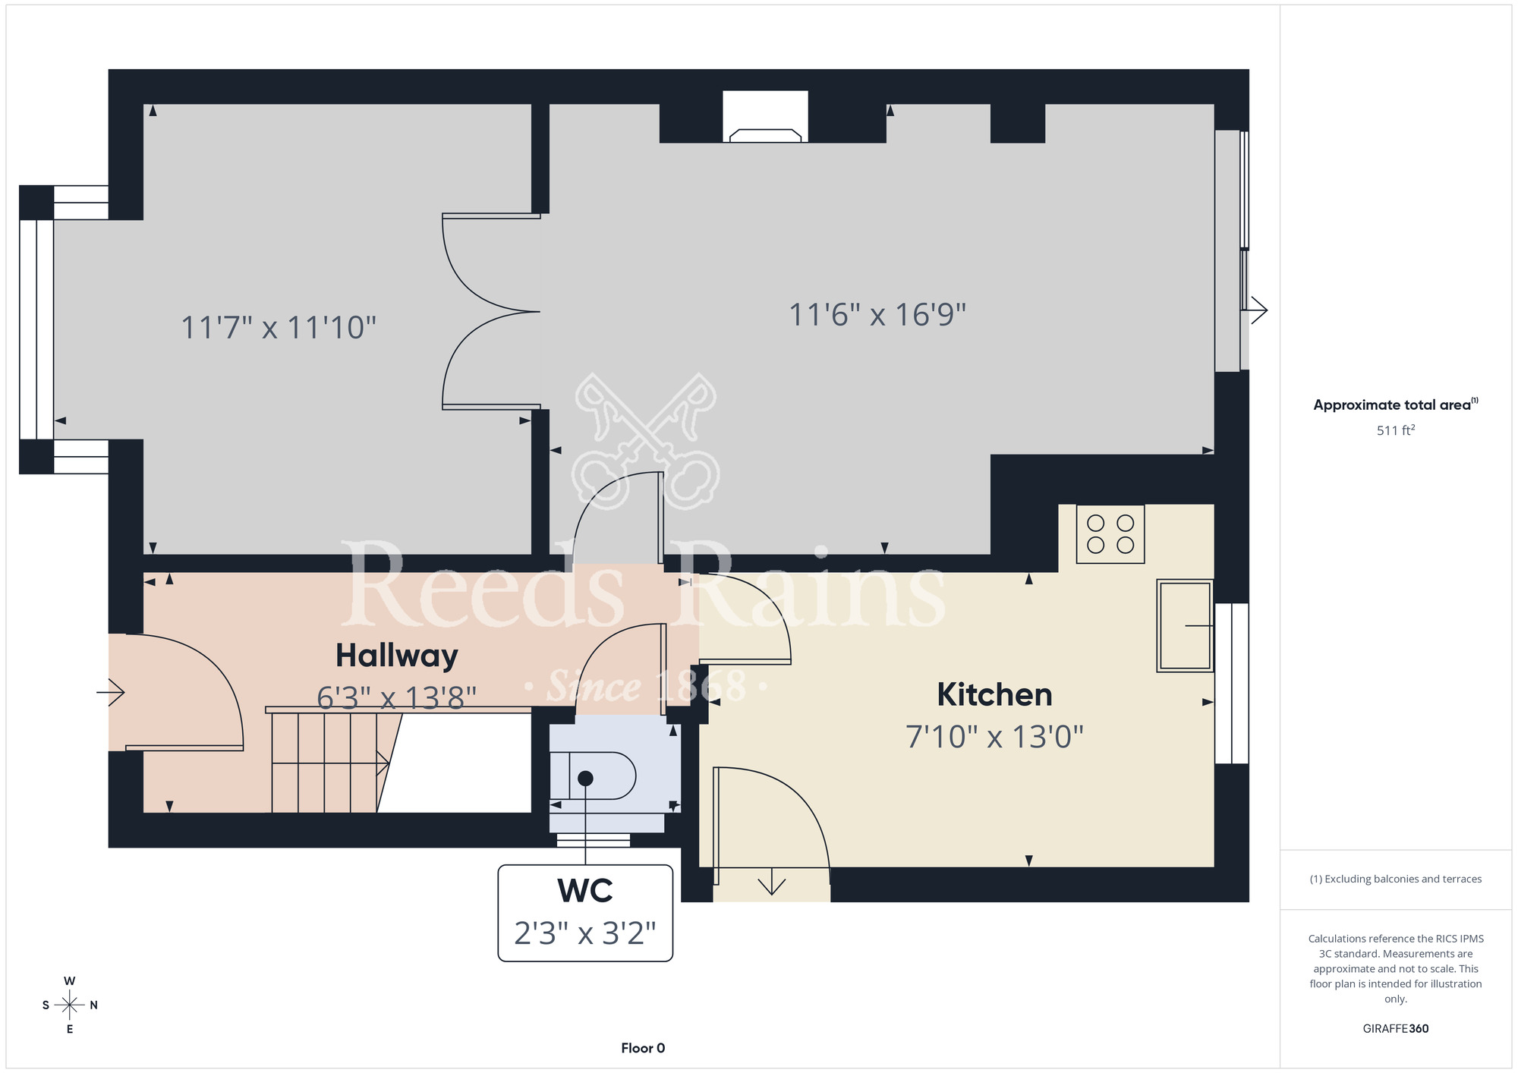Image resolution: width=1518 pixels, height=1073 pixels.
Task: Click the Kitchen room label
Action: pyautogui.click(x=994, y=694)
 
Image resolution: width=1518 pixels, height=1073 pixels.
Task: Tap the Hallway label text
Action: pyautogui.click(x=397, y=656)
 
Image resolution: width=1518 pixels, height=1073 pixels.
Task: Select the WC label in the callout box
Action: pyautogui.click(x=585, y=891)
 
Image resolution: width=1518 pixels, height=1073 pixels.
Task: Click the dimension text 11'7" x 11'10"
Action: pyautogui.click(x=279, y=328)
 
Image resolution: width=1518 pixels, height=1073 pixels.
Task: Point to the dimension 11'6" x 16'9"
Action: pyautogui.click(x=877, y=315)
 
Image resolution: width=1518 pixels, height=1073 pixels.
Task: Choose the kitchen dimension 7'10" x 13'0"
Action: pyautogui.click(x=994, y=737)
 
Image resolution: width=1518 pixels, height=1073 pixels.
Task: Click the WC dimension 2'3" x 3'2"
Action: pyautogui.click(x=585, y=933)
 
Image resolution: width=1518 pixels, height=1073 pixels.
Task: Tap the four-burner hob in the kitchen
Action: pyautogui.click(x=1110, y=534)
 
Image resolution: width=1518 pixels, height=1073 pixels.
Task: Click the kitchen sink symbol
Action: pyautogui.click(x=1185, y=626)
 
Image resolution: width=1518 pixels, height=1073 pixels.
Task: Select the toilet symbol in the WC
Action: pyautogui.click(x=593, y=776)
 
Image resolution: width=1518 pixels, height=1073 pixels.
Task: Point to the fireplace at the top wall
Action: pyautogui.click(x=765, y=117)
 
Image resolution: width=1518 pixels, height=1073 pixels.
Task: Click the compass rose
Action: pyautogui.click(x=70, y=1005)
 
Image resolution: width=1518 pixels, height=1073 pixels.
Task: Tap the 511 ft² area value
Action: pyautogui.click(x=1396, y=430)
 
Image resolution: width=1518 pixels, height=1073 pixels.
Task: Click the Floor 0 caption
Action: pyautogui.click(x=643, y=1048)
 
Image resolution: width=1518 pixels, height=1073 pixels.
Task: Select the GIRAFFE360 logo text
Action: pyautogui.click(x=1396, y=1029)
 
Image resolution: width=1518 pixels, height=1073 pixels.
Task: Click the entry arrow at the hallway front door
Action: pyautogui.click(x=110, y=692)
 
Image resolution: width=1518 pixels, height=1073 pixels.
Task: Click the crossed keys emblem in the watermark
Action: pyautogui.click(x=647, y=440)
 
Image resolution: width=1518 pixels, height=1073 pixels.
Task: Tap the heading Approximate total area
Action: pyautogui.click(x=1396, y=404)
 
